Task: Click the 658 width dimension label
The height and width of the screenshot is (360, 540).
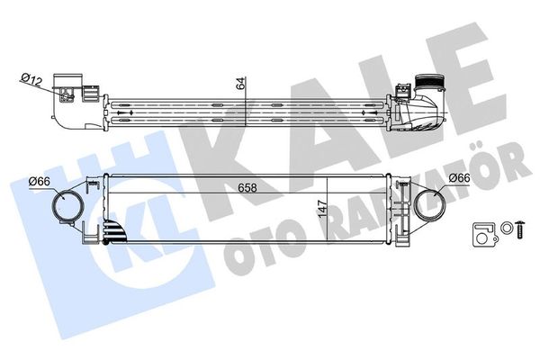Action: pos(247,188)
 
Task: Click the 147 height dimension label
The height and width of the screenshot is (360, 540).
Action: pos(322,209)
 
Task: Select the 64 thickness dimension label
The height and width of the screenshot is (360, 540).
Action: pos(241,84)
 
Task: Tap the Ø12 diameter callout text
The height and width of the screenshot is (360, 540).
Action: pos(31,80)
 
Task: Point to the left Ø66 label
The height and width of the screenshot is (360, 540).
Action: pos(40,181)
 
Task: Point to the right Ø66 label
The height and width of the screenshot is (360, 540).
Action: pos(459,178)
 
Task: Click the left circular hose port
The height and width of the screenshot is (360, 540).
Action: pos(67,207)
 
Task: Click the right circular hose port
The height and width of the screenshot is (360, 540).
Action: pos(429,206)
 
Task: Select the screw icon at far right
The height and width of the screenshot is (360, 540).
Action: pos(520,229)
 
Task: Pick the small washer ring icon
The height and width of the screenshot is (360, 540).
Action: pos(506,228)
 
